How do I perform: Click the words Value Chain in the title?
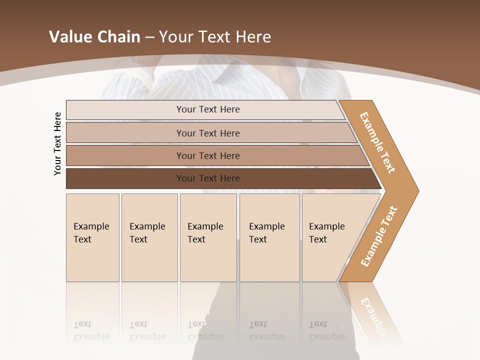point(94,37)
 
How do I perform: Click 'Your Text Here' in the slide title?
point(215,37)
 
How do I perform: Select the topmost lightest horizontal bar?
point(207,109)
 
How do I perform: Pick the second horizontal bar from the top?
point(207,133)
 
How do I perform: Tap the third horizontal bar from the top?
point(207,155)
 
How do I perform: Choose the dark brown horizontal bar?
point(207,178)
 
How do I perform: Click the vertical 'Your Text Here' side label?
point(57,143)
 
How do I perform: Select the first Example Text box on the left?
point(92,237)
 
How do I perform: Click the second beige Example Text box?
point(149,237)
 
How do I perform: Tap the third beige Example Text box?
point(207,237)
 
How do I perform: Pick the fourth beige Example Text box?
point(269,237)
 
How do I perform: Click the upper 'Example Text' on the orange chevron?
point(377,142)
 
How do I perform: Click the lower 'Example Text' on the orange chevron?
point(378,236)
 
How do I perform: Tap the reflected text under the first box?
point(91,331)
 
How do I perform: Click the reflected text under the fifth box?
point(326,331)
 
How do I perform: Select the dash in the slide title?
point(149,37)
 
